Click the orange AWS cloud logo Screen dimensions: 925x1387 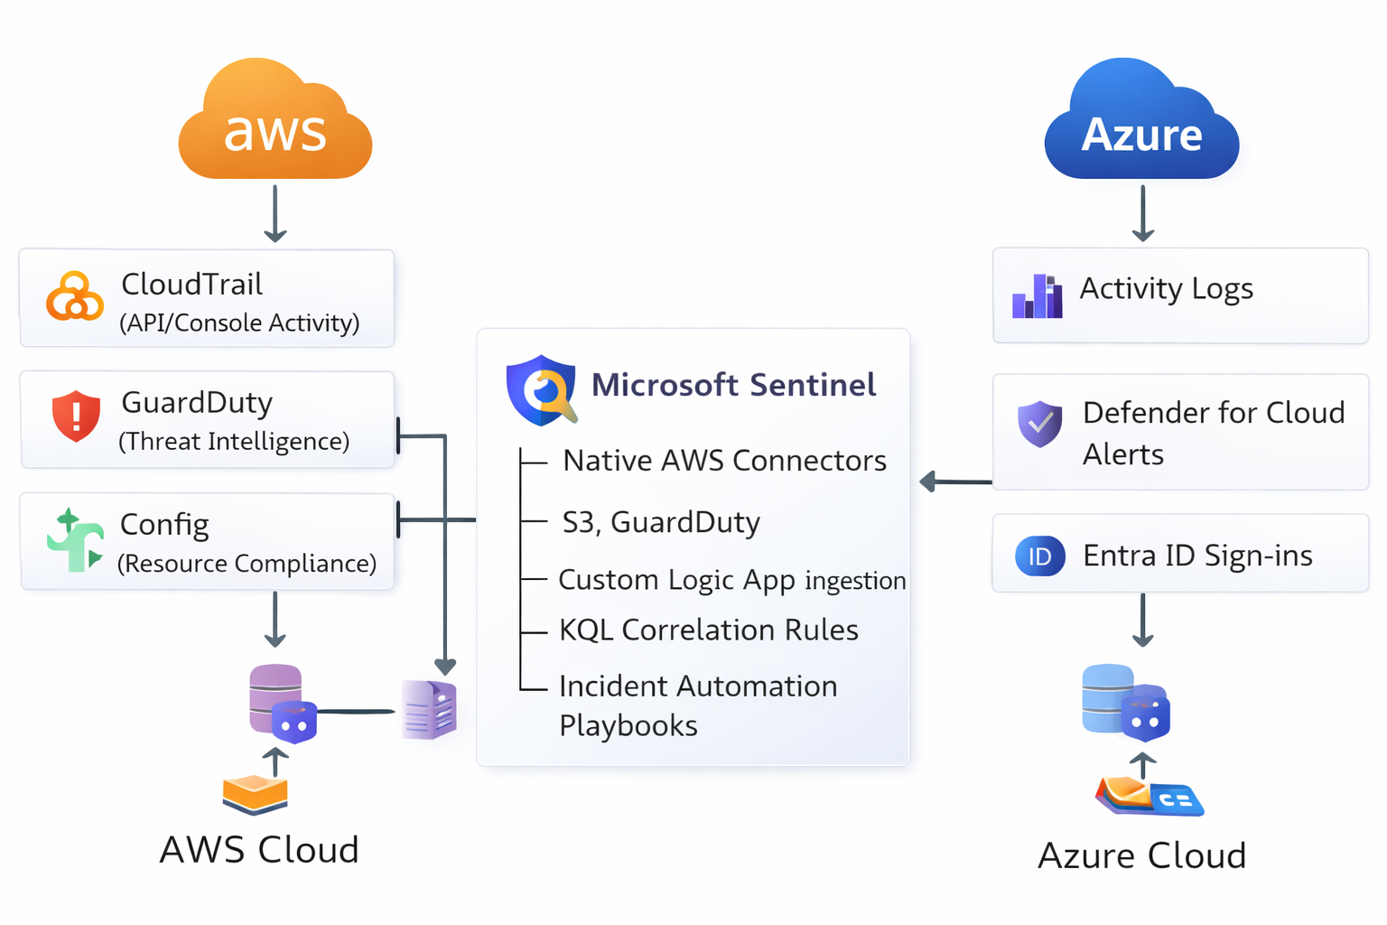[275, 122]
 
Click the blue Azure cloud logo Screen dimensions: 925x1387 [1141, 122]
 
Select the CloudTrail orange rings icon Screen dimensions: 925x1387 [74, 296]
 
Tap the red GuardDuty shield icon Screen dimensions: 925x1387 [76, 416]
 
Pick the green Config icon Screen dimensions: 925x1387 [75, 540]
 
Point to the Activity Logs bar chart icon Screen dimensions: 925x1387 [1038, 295]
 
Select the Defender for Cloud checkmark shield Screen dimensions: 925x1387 [1039, 424]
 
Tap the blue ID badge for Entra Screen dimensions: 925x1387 [1039, 556]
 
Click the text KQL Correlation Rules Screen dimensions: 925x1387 [708, 630]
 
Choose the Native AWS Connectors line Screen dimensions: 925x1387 [724, 461]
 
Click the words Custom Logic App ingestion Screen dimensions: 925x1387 [731, 580]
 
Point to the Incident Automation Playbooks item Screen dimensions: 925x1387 [697, 705]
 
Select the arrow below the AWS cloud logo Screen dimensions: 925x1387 [275, 214]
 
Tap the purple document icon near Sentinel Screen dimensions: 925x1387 [430, 710]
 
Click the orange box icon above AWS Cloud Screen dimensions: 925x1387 [255, 794]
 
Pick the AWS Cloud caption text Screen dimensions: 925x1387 [259, 850]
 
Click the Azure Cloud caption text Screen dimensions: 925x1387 [1141, 855]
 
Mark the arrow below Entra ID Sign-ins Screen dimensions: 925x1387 [1142, 621]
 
